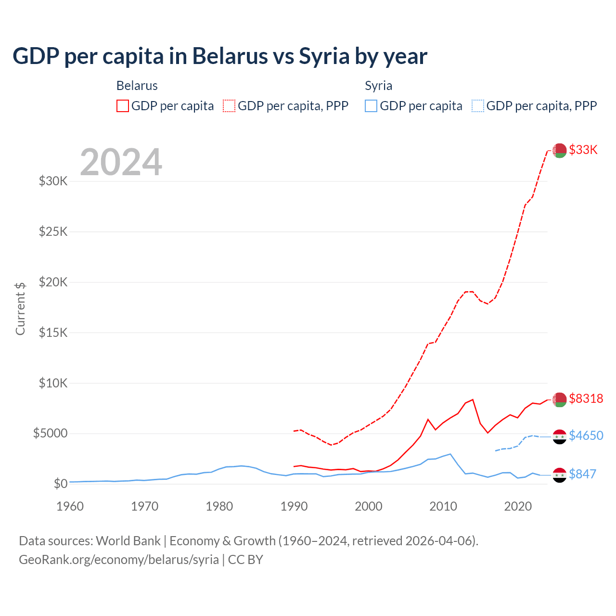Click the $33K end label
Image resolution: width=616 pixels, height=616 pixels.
583,150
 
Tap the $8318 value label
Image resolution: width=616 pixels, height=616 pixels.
586,398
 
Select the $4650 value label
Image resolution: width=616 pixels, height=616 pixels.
586,436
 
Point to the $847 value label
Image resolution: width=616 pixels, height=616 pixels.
582,474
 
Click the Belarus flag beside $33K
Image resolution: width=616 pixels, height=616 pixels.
559,150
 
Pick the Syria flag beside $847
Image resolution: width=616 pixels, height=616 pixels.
559,475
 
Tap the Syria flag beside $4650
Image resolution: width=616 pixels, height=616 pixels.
559,436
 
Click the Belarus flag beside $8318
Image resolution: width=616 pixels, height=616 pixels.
559,399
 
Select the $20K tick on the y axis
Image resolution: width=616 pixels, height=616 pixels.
53,282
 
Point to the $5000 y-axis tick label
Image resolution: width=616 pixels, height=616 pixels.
50,433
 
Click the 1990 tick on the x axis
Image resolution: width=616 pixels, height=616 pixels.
294,506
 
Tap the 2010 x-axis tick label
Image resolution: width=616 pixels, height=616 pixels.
443,506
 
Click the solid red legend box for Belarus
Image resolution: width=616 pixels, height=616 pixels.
123,106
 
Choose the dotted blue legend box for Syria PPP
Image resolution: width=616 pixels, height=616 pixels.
478,106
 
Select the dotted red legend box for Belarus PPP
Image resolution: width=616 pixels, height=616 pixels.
230,106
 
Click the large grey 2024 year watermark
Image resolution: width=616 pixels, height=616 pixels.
121,162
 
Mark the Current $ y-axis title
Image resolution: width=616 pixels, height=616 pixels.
20,308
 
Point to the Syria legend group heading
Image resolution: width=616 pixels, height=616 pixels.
378,86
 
